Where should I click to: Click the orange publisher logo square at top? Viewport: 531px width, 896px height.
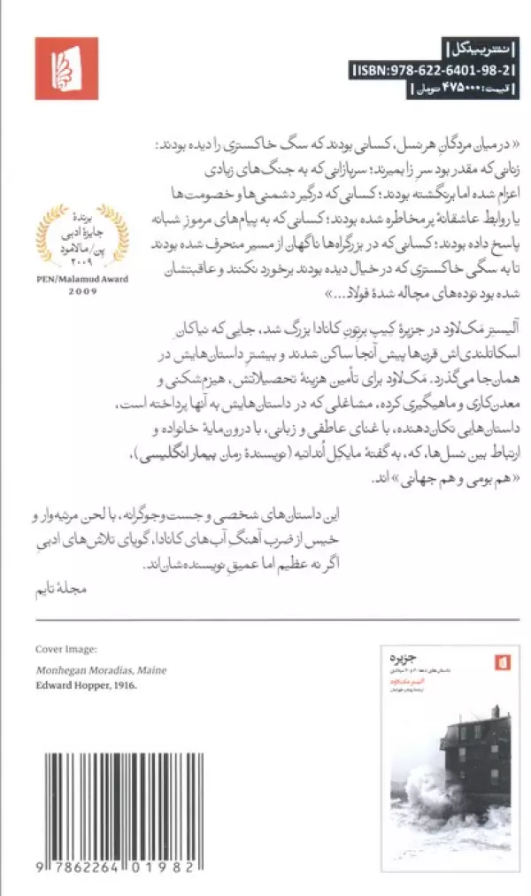[66, 68]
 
